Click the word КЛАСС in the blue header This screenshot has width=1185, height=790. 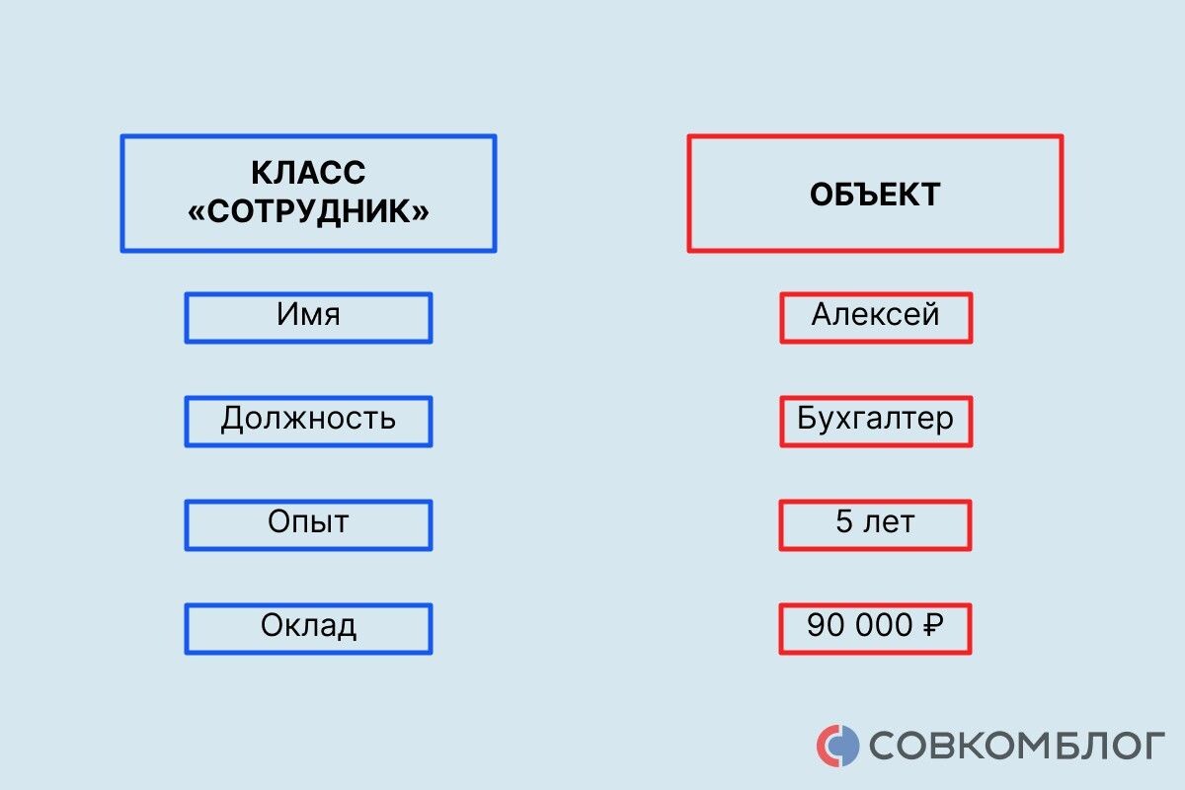pos(308,173)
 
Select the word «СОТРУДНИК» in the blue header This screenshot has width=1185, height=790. pos(308,211)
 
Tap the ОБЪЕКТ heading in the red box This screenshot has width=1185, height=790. pos(875,194)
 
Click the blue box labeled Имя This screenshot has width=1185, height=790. pos(308,317)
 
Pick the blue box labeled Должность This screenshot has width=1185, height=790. pos(308,421)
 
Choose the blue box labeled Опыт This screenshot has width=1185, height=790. pos(308,524)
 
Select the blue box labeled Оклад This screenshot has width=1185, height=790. pos(308,628)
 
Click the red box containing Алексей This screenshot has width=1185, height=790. pos(875,317)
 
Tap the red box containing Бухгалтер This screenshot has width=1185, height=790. pos(875,421)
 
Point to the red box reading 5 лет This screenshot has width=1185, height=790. pos(875,524)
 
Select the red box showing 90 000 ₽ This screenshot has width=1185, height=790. pos(875,628)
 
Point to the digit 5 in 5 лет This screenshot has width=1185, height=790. pos(844,522)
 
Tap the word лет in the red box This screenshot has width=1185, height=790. pos(889,522)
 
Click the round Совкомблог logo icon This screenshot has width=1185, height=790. pos(837,745)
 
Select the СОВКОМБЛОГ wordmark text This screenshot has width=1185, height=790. pos(1017,746)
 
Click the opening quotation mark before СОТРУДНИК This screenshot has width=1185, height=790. pos(196,212)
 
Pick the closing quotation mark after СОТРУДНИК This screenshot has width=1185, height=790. pos(422,212)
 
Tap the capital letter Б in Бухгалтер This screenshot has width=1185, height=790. pos(807,419)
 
